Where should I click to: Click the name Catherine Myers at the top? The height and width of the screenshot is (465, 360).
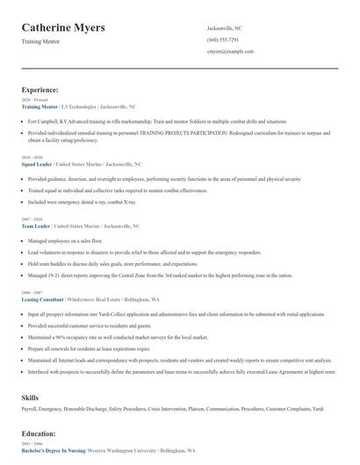[63, 28]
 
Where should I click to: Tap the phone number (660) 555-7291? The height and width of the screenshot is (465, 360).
[222, 39]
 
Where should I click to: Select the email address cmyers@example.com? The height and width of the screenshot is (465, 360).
[230, 52]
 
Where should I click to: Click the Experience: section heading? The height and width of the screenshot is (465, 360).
[40, 89]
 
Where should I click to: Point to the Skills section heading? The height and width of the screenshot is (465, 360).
[30, 397]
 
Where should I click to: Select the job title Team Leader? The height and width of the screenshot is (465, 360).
[36, 225]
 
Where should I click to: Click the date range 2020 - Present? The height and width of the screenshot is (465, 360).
[32, 100]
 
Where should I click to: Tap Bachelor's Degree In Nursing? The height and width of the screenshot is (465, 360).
[54, 450]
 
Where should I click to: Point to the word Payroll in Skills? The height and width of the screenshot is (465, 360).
[30, 408]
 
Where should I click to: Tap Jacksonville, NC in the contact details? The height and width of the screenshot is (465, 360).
[225, 28]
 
